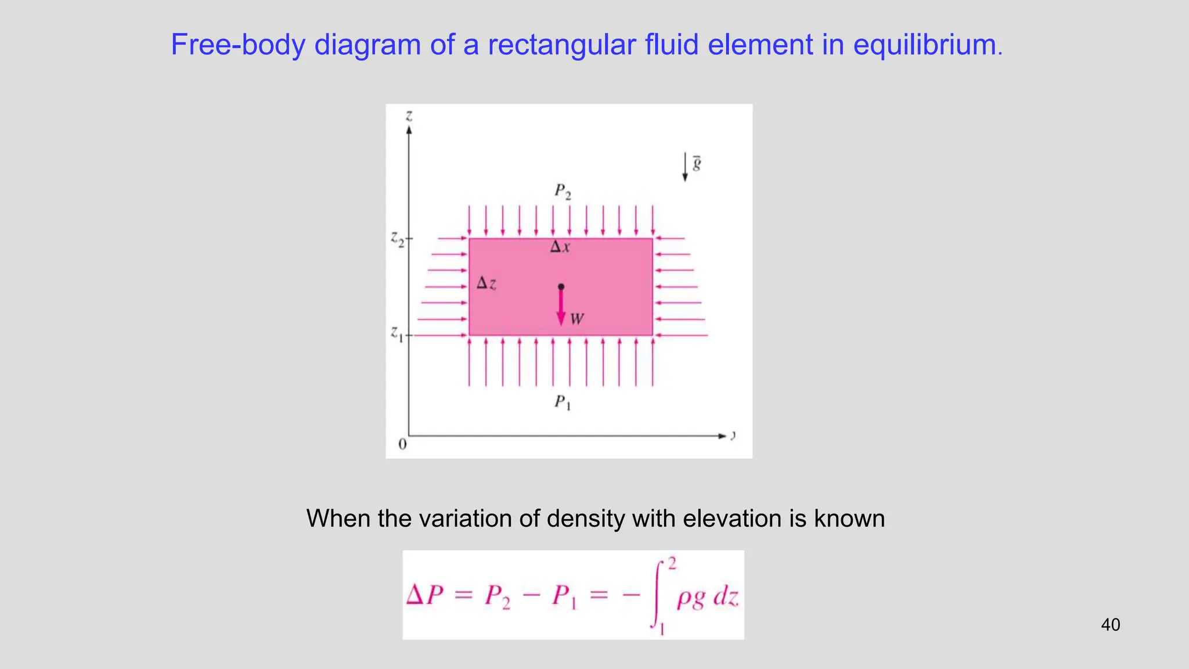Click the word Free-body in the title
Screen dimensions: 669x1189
tap(237, 45)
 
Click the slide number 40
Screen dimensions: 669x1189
tap(1110, 625)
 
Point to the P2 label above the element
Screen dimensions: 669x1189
tap(562, 191)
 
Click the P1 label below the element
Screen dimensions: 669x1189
tap(562, 402)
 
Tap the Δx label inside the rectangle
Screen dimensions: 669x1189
tap(560, 247)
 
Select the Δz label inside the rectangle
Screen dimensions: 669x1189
tap(486, 283)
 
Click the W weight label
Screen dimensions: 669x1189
tap(577, 319)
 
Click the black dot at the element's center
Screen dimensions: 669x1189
tap(561, 286)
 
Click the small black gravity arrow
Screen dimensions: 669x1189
tap(685, 168)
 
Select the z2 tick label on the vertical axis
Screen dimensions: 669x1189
tap(397, 238)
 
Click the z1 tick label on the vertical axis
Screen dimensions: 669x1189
tap(397, 334)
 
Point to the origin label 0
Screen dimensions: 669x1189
tap(402, 445)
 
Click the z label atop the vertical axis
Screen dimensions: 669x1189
tap(409, 116)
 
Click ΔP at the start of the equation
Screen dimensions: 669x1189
tap(425, 596)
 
